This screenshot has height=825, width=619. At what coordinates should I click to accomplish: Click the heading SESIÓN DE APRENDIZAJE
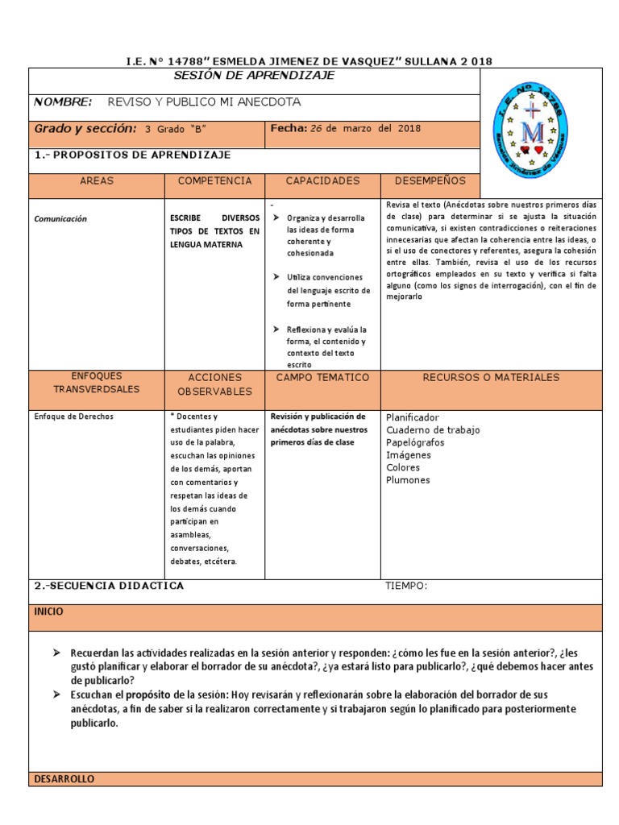254,76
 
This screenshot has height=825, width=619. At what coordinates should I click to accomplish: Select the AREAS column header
97,181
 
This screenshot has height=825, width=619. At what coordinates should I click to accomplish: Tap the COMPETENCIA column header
214,181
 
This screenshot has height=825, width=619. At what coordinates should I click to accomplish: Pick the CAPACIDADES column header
322,181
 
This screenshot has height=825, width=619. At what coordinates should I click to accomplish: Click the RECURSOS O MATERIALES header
491,377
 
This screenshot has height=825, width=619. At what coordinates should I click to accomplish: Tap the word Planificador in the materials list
413,417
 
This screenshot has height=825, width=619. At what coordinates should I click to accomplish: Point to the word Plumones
408,480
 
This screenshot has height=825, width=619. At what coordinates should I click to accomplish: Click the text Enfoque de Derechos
74,417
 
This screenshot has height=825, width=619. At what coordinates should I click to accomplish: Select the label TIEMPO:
406,586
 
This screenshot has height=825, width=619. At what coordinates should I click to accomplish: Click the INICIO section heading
48,612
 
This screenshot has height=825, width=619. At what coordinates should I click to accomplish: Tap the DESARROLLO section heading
64,779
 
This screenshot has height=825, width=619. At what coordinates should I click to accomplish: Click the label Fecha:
289,128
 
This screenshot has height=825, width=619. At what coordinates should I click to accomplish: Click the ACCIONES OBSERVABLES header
214,384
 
